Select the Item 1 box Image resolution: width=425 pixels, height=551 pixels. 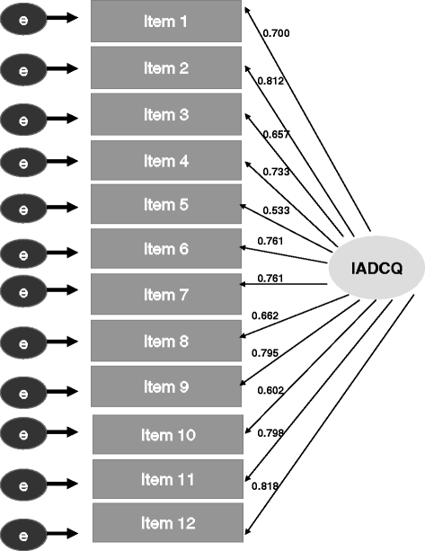(x=166, y=21)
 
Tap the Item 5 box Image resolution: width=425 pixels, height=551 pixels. (x=166, y=206)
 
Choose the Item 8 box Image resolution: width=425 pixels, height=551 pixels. (x=166, y=341)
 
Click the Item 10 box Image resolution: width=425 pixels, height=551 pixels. (x=168, y=435)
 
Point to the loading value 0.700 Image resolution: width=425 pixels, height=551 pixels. (x=277, y=34)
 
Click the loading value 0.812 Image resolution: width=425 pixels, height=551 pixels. (x=271, y=81)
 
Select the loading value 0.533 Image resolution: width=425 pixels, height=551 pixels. (x=276, y=211)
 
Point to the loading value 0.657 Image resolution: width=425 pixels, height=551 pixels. (x=274, y=134)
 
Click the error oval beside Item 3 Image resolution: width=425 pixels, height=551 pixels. (x=24, y=118)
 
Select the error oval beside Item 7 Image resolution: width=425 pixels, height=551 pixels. (x=24, y=290)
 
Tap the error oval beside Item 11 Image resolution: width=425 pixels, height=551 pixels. (x=24, y=481)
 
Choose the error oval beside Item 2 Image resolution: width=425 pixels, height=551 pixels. (x=24, y=67)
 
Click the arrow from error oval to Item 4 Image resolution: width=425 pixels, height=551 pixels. (x=68, y=163)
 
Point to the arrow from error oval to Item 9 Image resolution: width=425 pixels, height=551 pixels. (x=68, y=391)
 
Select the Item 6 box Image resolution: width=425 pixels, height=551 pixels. (x=166, y=249)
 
